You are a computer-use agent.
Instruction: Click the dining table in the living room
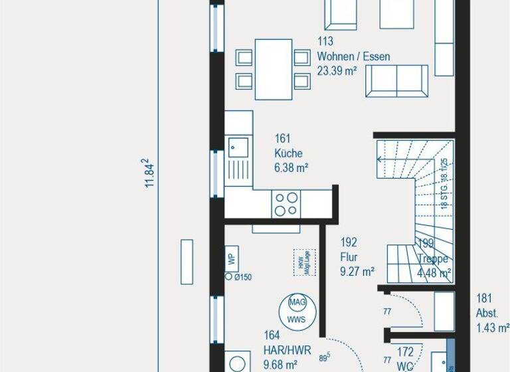click(274, 68)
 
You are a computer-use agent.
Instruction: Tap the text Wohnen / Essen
click(353, 56)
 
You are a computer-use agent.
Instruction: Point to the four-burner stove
click(287, 203)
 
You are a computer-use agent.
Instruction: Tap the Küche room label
click(288, 153)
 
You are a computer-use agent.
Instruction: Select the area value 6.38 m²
click(291, 168)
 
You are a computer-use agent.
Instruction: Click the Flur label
click(349, 256)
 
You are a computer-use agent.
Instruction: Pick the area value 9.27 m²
click(357, 271)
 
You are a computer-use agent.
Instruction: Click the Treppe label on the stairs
click(433, 260)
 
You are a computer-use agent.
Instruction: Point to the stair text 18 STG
click(444, 198)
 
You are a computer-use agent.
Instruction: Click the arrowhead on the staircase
click(380, 159)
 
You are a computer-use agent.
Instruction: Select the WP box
click(231, 259)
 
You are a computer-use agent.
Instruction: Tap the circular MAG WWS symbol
click(296, 310)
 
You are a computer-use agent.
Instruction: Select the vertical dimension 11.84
click(149, 173)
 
